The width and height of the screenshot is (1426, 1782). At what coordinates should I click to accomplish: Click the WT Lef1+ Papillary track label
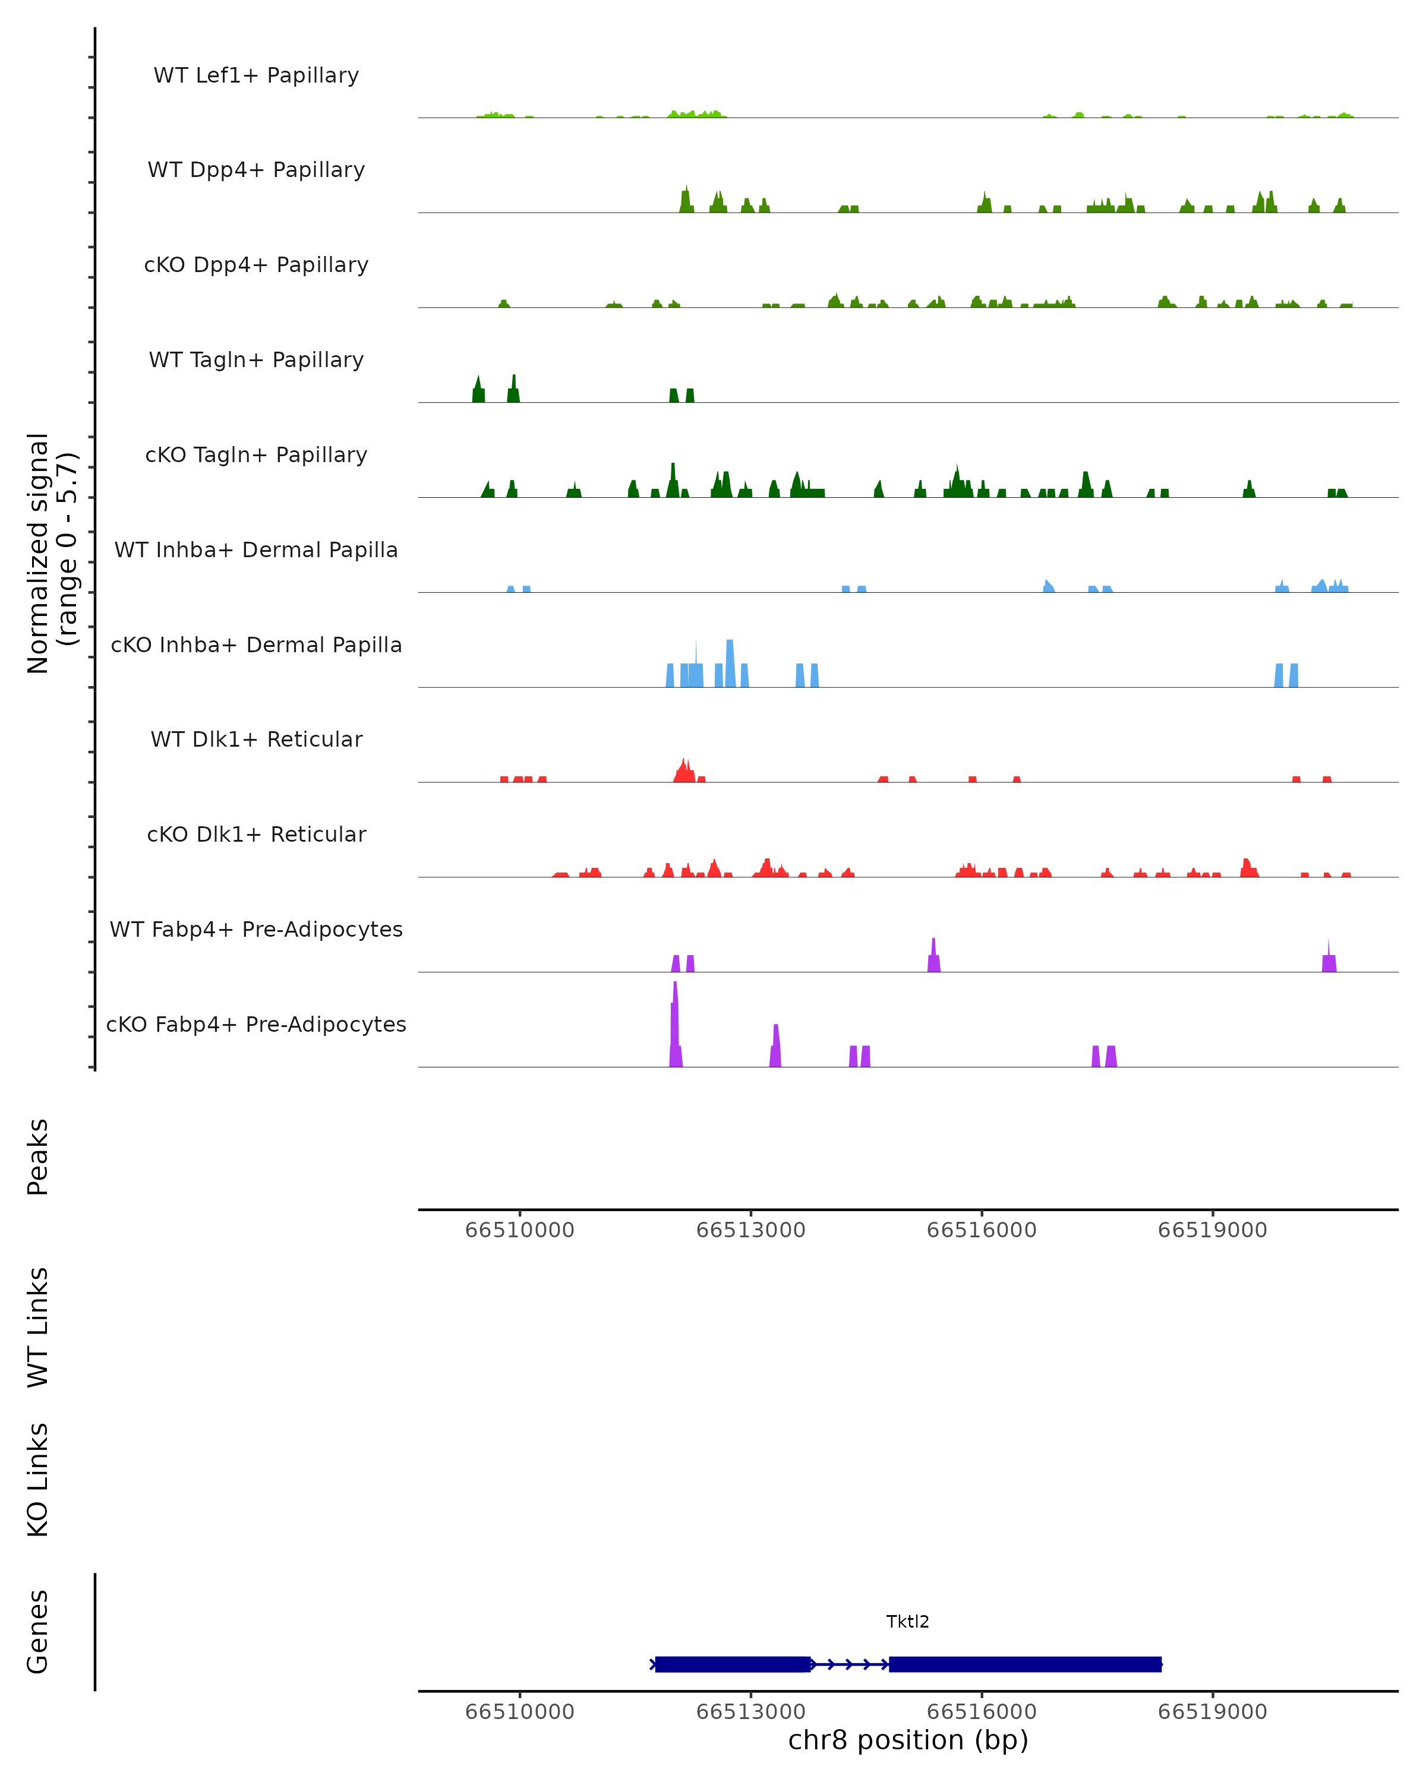256,75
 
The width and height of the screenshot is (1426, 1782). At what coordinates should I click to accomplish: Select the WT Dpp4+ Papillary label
256,170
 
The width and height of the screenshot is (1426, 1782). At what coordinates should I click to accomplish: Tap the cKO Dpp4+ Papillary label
256,266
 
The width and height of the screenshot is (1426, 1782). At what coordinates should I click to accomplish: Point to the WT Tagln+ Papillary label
256,361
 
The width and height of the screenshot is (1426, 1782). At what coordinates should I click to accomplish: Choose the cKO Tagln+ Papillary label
256,456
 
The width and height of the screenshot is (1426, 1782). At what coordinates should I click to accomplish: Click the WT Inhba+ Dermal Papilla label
256,551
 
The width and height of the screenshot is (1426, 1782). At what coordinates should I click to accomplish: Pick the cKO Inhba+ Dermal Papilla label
256,646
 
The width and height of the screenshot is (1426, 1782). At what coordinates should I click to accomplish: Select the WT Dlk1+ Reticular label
256,740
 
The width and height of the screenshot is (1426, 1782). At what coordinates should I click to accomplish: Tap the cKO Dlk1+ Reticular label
256,835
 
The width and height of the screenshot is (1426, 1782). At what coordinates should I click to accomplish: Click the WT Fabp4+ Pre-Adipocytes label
256,930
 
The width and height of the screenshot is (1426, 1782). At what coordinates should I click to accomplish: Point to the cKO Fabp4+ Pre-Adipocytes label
256,1025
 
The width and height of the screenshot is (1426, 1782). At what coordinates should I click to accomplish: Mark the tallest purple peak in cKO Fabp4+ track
674,992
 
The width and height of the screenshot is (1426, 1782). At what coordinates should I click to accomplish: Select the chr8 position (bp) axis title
908,1740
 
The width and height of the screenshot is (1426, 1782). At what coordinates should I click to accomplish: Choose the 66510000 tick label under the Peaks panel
519,1230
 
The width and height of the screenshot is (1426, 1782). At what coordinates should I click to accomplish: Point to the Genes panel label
38,1632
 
